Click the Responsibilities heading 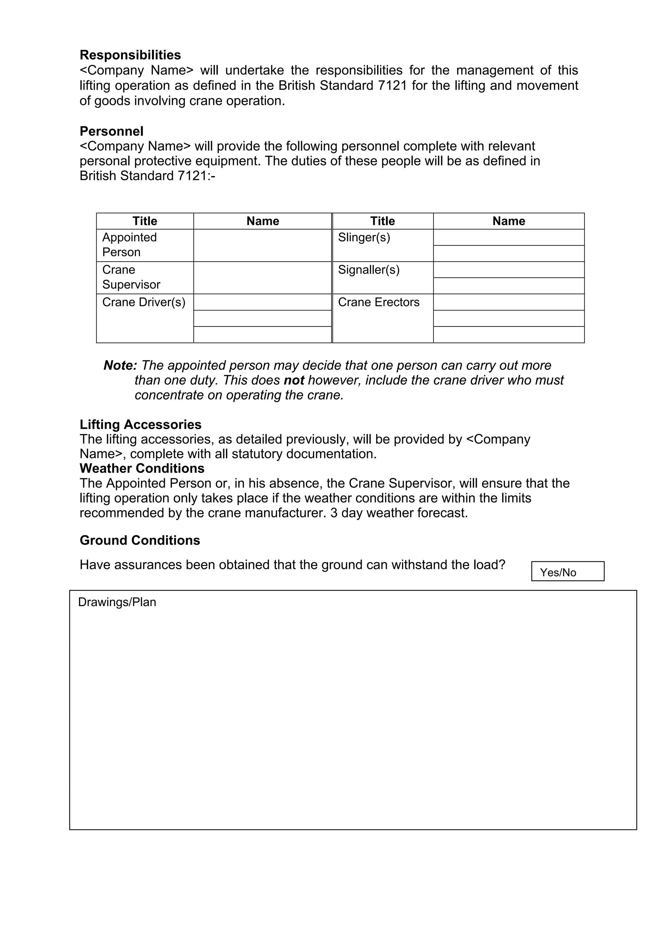click(x=130, y=55)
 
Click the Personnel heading click(x=111, y=131)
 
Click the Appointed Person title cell click(x=145, y=245)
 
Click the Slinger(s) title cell click(x=382, y=245)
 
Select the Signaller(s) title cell click(x=382, y=277)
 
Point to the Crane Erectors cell click(x=382, y=318)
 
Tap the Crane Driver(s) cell click(x=145, y=318)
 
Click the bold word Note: click(x=120, y=365)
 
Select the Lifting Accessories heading click(x=140, y=424)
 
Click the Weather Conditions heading click(x=142, y=468)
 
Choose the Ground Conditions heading click(x=140, y=540)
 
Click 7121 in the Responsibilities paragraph click(x=392, y=85)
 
